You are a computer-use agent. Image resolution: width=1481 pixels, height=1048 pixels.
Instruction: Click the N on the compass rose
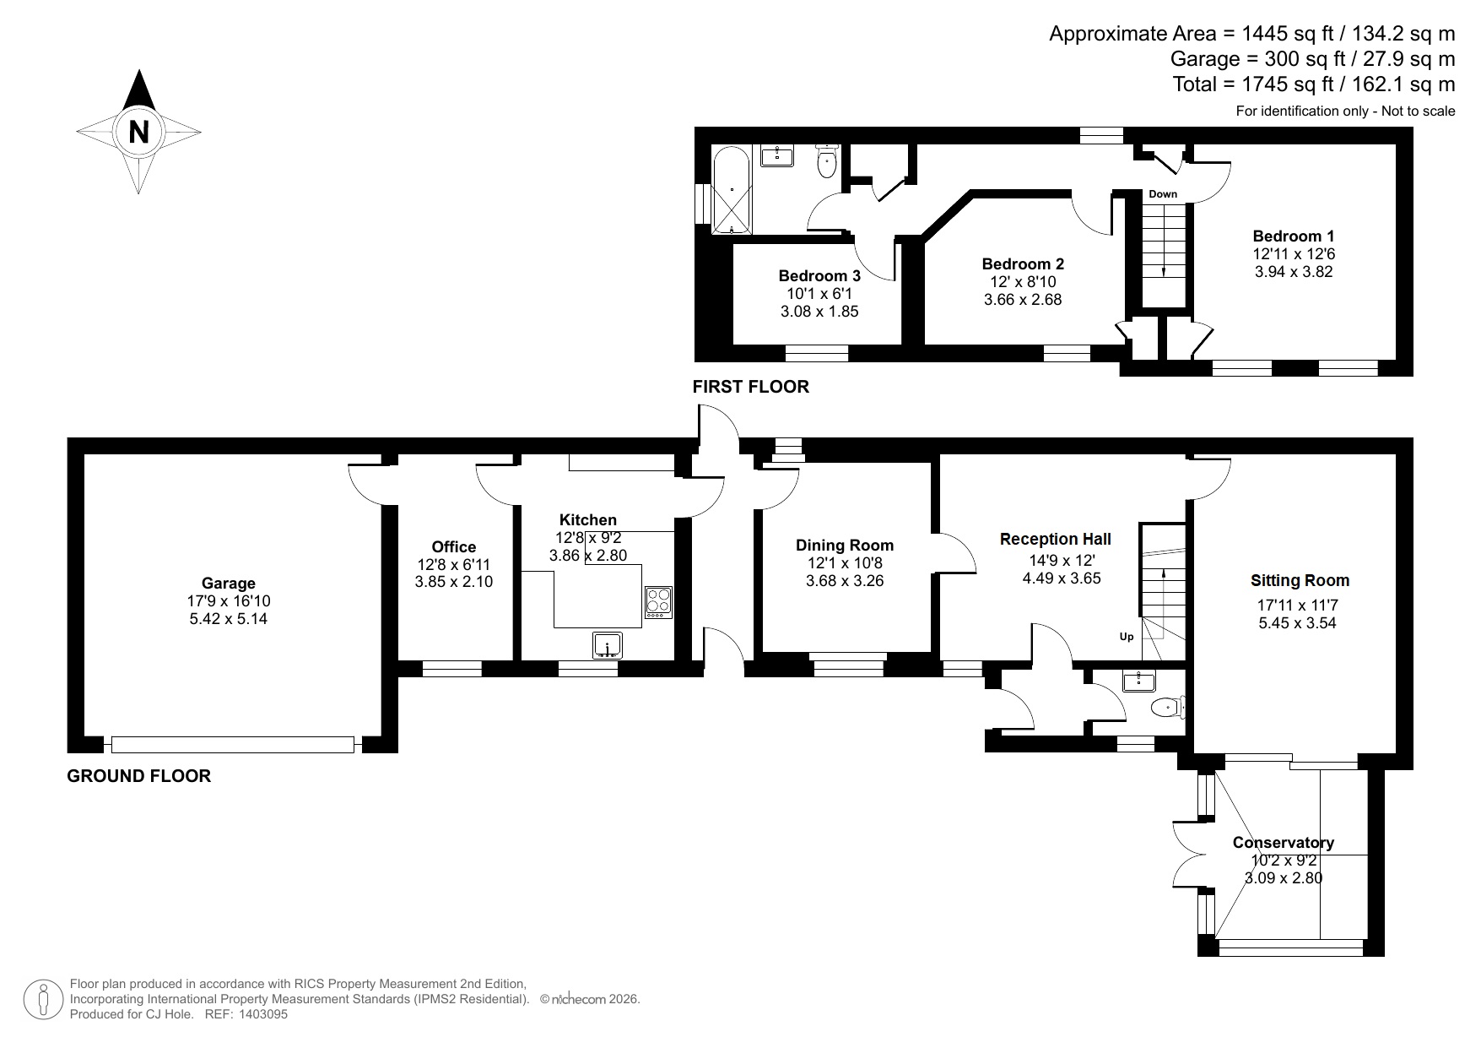pos(138,133)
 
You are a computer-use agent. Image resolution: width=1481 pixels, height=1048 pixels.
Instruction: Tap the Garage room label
pos(228,583)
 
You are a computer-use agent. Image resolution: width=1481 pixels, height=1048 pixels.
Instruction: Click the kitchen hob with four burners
pos(657,601)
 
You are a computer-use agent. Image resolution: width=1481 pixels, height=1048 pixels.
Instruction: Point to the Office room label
pos(454,546)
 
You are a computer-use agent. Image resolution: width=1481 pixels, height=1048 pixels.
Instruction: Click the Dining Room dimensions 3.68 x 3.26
pos(844,581)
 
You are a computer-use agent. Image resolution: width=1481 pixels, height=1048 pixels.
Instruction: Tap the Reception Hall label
pos(1055,539)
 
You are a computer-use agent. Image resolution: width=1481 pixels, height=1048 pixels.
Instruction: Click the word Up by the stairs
pos(1127,637)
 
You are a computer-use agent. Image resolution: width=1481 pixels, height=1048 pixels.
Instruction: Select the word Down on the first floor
pos(1162,194)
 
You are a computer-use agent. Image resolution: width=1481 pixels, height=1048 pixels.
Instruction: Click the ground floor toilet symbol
pos(1170,706)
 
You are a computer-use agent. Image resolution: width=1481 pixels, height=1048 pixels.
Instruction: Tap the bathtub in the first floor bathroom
pos(731,190)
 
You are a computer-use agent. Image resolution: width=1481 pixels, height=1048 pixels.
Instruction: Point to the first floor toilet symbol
pos(826,163)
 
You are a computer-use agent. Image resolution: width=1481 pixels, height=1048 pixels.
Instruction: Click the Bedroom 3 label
pos(819,275)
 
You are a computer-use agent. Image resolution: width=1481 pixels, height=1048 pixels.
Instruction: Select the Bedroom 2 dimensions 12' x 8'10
pos(1023,282)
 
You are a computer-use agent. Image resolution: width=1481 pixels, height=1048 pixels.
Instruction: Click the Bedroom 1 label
pos(1293,236)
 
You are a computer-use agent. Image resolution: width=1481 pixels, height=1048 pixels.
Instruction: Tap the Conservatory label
pos(1283,842)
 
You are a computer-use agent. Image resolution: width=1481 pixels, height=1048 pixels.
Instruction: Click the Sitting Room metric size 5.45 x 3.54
pos(1297,623)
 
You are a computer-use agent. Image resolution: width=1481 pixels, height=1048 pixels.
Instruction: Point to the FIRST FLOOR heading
pos(750,387)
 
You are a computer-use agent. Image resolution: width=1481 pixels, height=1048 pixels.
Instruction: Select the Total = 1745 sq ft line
pos(1313,84)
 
